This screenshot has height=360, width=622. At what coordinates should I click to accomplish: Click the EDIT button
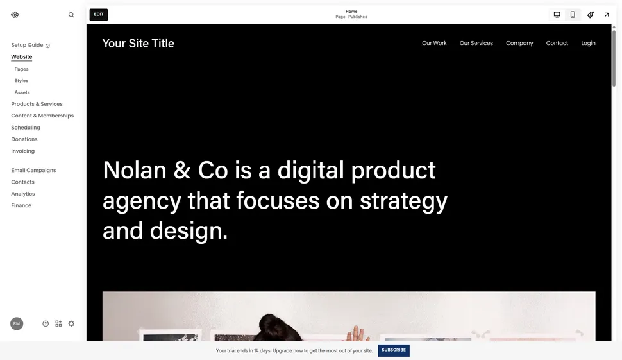coord(99,14)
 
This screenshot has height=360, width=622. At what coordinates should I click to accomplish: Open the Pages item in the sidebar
coord(22,69)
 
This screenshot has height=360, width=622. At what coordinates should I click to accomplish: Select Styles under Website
coord(22,81)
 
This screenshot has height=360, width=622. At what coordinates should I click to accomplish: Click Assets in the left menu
coord(22,92)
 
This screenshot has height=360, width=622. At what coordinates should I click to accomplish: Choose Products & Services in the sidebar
coord(37,104)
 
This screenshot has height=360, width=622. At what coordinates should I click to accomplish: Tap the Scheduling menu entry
coord(26,128)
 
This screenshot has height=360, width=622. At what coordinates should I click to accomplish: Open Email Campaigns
coord(33,170)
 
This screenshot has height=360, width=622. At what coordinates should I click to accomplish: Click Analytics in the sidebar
coord(23,194)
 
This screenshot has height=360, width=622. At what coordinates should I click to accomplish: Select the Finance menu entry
coord(21,205)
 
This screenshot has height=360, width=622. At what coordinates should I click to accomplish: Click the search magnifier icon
coord(71,15)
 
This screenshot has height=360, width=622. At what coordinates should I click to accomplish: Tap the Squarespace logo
coord(15,15)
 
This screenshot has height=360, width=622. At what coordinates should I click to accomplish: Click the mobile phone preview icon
coord(573,14)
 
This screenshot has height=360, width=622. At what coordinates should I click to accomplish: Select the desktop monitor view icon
coord(557,14)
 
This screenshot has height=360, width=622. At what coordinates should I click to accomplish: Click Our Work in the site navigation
coord(434,43)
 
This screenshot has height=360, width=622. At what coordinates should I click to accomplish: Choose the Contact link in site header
coord(557,43)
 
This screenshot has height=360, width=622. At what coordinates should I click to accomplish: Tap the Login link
coord(588,43)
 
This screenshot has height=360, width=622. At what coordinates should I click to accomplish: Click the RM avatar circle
coord(17,323)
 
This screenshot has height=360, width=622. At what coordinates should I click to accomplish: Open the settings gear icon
coord(71,323)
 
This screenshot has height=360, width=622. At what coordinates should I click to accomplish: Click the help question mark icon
coord(46,323)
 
